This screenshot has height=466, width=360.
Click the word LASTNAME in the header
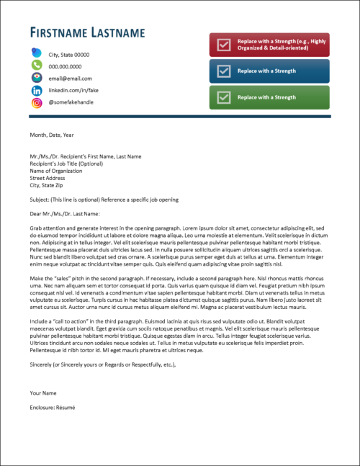click(119, 33)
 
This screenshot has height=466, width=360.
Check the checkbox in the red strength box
click(224, 45)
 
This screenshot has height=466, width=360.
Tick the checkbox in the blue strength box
click(224, 71)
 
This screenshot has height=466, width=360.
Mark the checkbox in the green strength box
click(224, 97)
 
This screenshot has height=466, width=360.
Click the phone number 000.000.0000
click(65, 66)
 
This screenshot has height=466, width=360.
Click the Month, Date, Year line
click(52, 135)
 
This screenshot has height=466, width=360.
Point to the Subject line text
click(104, 200)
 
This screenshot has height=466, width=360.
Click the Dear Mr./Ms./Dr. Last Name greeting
click(64, 213)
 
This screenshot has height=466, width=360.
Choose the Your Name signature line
click(44, 393)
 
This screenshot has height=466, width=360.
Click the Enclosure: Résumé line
click(54, 407)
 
